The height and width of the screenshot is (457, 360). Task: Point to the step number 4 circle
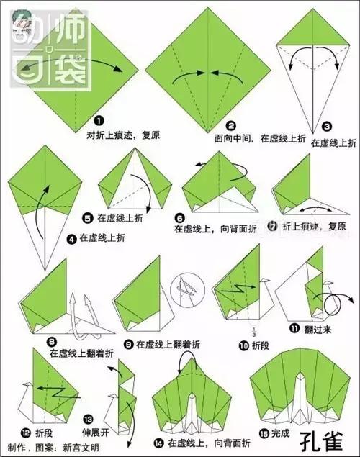click(x=72, y=236)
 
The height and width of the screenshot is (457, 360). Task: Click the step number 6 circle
click(x=179, y=218)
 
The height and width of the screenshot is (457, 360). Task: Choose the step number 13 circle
click(x=88, y=418)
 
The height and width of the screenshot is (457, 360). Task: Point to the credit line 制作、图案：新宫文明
click(x=48, y=448)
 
